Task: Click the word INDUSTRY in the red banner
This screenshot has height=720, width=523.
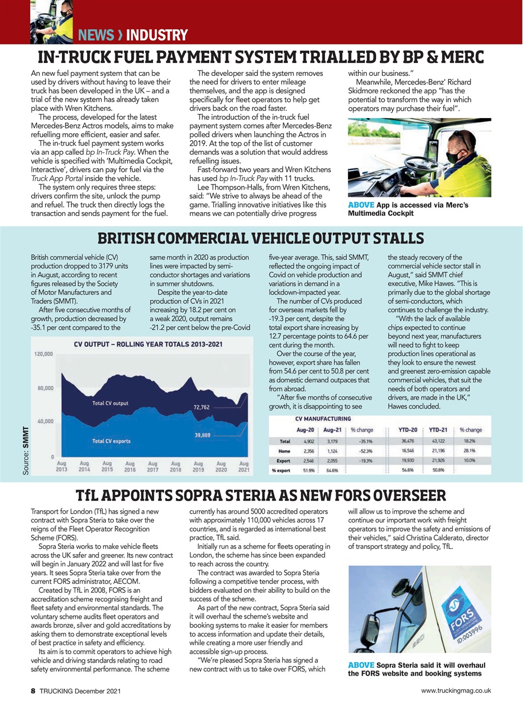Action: [x=156, y=35]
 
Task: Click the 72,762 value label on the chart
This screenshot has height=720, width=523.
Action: [x=201, y=406]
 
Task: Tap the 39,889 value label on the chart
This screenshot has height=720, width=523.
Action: [x=202, y=434]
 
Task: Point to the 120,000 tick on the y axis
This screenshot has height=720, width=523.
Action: [x=43, y=354]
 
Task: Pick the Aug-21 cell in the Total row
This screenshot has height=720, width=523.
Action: [x=332, y=442]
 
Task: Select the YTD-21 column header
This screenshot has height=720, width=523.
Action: [x=438, y=430]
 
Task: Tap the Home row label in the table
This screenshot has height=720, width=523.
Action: [x=283, y=451]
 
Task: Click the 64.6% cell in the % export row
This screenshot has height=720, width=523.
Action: [x=332, y=470]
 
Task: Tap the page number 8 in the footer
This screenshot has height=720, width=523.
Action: [x=33, y=690]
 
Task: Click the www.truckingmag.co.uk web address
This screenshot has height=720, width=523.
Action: [x=456, y=690]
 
